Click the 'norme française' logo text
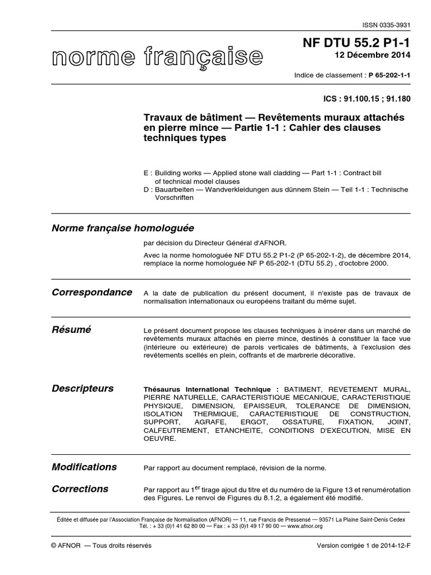point(158,57)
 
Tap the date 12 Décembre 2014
point(372,55)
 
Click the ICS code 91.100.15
point(362,98)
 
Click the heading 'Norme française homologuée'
point(122,228)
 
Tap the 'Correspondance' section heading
point(92,293)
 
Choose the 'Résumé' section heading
point(71,330)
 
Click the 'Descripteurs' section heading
point(82,389)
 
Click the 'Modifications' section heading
point(84,467)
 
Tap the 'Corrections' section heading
point(80,489)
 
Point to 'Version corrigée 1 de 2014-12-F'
point(364,546)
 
